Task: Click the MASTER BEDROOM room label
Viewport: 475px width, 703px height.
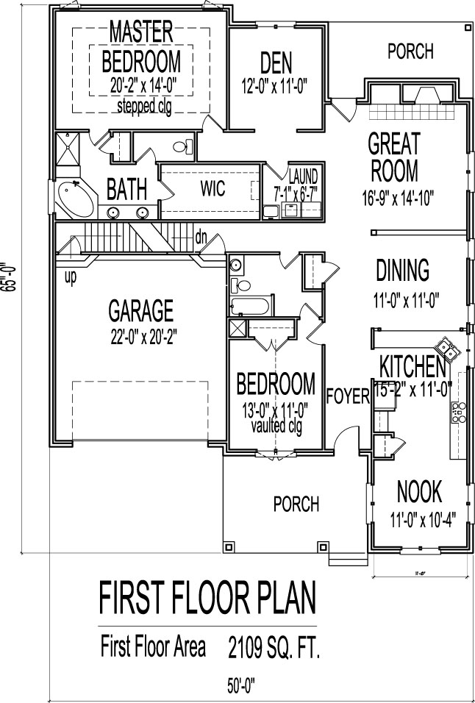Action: [x=140, y=46]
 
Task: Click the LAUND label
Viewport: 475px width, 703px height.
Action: [x=303, y=177]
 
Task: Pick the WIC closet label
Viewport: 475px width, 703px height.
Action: [x=212, y=189]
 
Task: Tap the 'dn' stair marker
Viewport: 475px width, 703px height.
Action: [x=200, y=237]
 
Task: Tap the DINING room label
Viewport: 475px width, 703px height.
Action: [x=402, y=271]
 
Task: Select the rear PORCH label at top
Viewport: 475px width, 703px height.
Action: [x=410, y=52]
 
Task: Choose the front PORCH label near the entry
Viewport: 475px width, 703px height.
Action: [x=296, y=504]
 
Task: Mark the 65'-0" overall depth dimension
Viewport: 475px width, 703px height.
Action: [x=10, y=277]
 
